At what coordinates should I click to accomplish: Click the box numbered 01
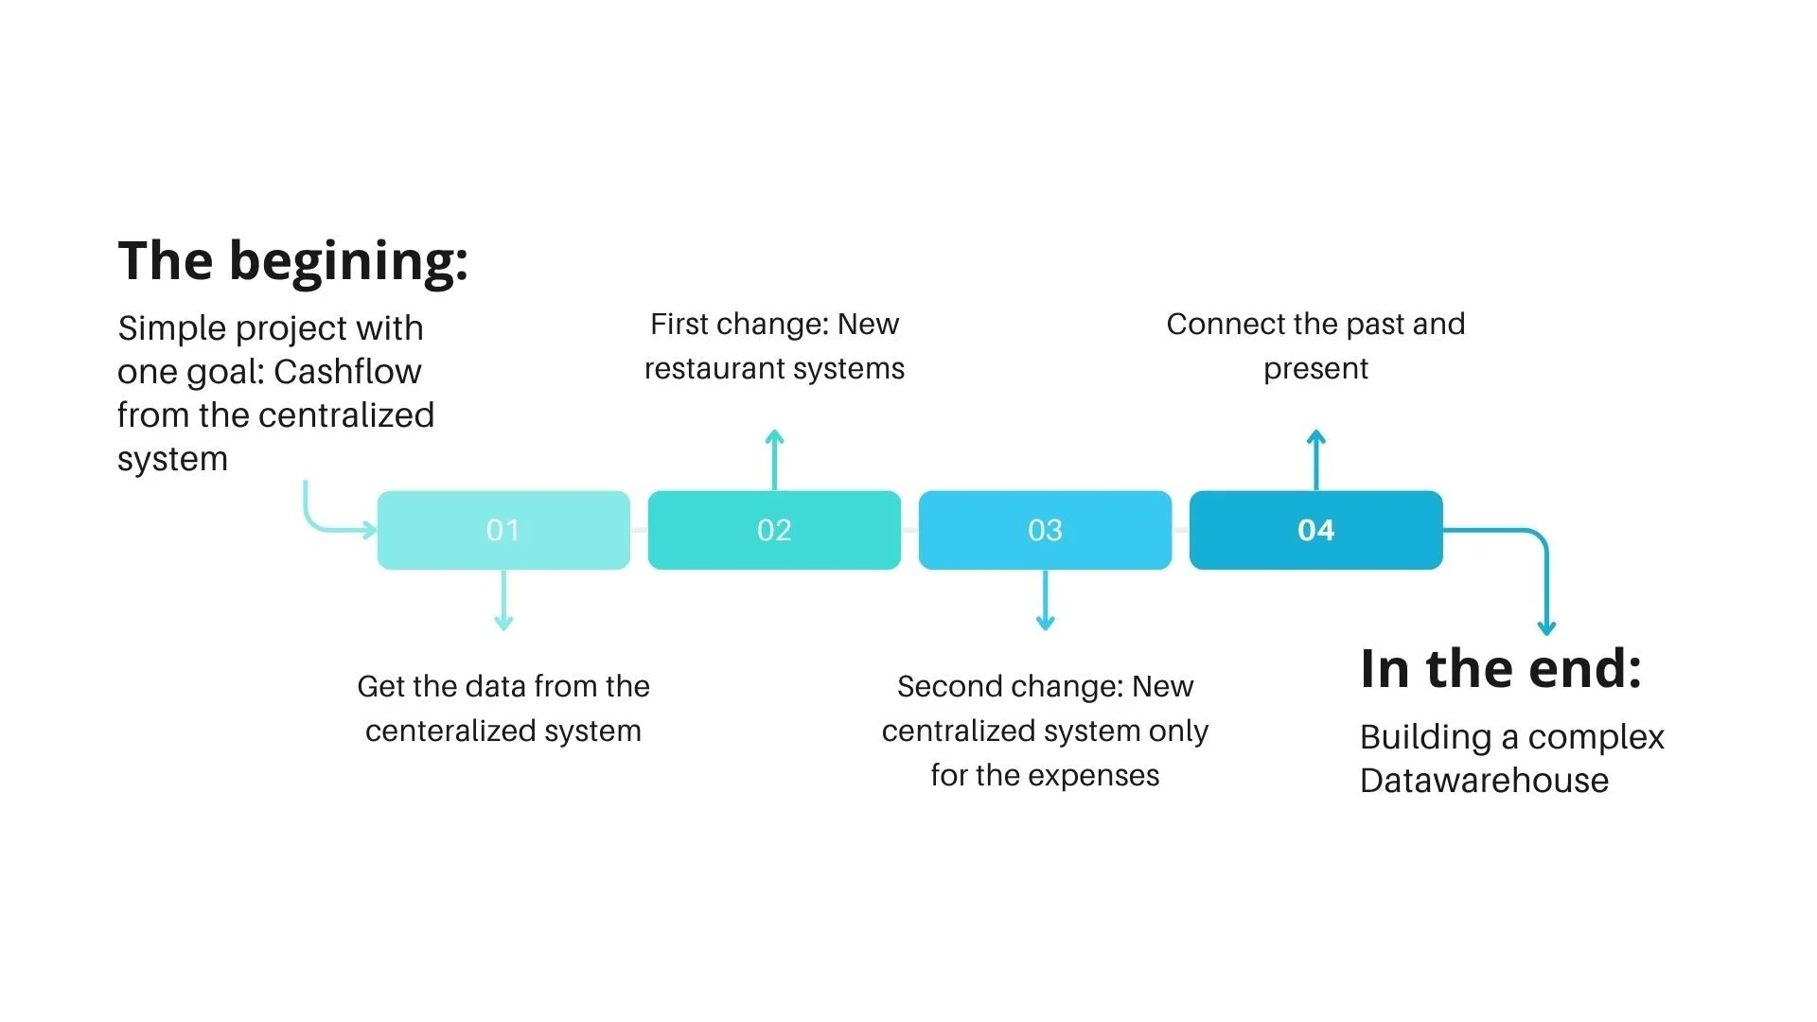[x=503, y=530]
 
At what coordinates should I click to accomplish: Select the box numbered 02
[x=774, y=530]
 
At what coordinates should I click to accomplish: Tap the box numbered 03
[x=1045, y=530]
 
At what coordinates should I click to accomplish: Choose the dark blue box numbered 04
[x=1315, y=530]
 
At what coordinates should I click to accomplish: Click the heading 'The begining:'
[x=292, y=261]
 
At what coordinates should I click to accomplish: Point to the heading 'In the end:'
[x=1500, y=669]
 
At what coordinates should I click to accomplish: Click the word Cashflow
[x=347, y=372]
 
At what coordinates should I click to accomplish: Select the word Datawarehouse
[x=1484, y=781]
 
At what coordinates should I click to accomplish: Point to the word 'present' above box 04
[x=1315, y=368]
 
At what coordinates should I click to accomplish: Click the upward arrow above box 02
[x=774, y=459]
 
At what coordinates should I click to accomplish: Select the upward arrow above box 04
[x=1315, y=459]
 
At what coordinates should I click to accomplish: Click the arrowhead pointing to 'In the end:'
[x=1546, y=626]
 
